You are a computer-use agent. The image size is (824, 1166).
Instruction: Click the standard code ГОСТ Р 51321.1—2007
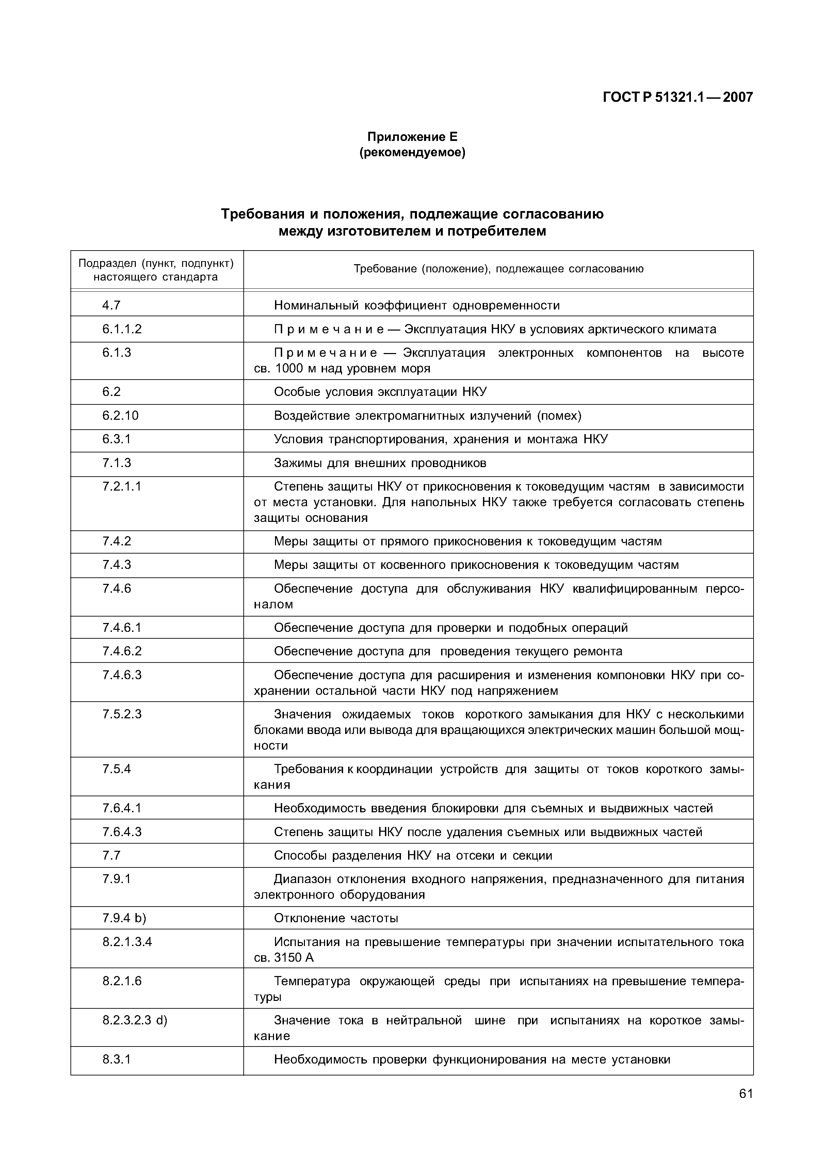click(677, 97)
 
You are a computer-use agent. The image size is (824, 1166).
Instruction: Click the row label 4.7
click(111, 305)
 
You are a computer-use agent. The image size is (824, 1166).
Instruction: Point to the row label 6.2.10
click(120, 415)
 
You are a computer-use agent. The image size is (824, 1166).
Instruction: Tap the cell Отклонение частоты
click(336, 918)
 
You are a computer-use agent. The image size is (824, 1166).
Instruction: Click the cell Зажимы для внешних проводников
click(380, 463)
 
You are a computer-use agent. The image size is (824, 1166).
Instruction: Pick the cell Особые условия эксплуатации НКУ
click(380, 392)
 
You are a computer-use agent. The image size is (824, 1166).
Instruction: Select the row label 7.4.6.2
click(122, 651)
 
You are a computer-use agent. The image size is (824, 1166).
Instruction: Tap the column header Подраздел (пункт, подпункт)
click(156, 263)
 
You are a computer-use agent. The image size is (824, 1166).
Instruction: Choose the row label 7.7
click(111, 855)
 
